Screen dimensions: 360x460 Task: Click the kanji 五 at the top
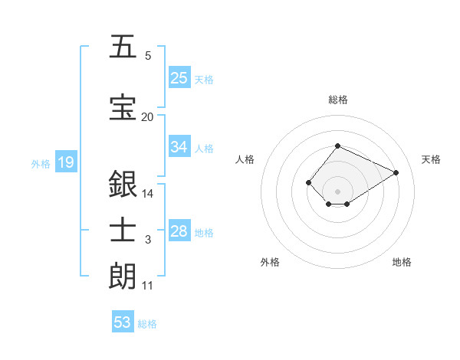(123, 47)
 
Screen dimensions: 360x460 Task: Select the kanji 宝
(123, 107)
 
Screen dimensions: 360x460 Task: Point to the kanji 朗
(123, 276)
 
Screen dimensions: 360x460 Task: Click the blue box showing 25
(179, 77)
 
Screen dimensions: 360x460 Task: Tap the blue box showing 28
(179, 231)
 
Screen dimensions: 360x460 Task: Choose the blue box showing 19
(65, 162)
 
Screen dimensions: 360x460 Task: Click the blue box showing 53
(123, 322)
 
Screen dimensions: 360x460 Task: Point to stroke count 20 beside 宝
(147, 117)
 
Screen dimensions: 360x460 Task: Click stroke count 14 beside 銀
(148, 194)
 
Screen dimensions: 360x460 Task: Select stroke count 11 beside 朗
(147, 286)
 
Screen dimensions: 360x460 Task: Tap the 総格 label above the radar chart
(337, 100)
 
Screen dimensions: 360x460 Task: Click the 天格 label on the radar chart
(431, 159)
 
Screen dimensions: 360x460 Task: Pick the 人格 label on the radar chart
(245, 159)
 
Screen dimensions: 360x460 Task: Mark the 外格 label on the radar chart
(270, 262)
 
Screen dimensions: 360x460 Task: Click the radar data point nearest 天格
(396, 172)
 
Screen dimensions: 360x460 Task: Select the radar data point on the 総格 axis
(337, 146)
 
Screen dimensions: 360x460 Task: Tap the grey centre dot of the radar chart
(337, 191)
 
